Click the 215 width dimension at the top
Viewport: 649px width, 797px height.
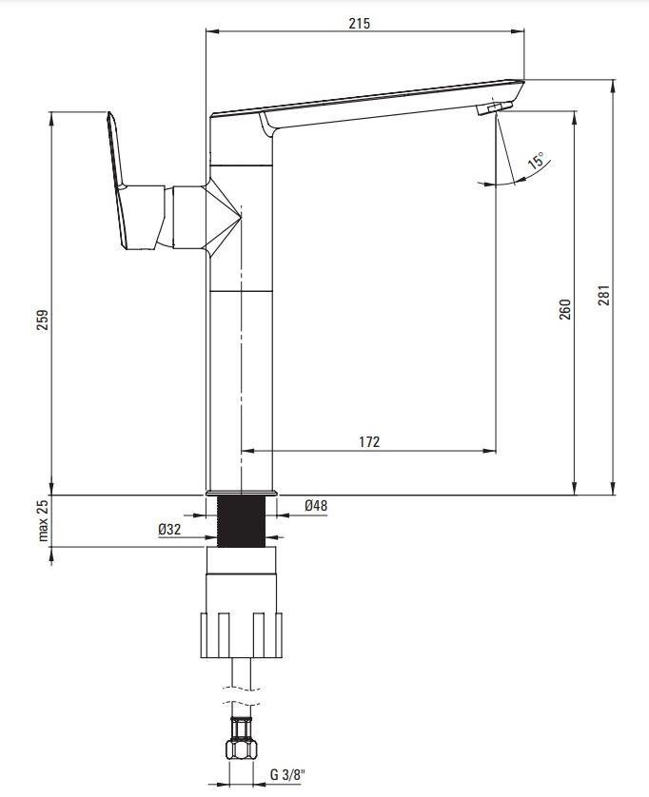click(x=360, y=24)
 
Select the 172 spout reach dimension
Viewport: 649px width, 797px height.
click(x=369, y=441)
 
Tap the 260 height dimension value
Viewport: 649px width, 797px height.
click(x=565, y=309)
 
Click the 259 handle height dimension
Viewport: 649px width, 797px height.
click(x=43, y=320)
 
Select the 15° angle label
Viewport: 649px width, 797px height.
click(x=536, y=161)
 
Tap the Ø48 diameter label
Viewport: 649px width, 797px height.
click(x=316, y=506)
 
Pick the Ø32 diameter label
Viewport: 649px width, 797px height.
click(x=169, y=529)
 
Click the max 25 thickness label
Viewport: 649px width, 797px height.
click(x=43, y=520)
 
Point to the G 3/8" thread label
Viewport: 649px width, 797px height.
click(x=287, y=774)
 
